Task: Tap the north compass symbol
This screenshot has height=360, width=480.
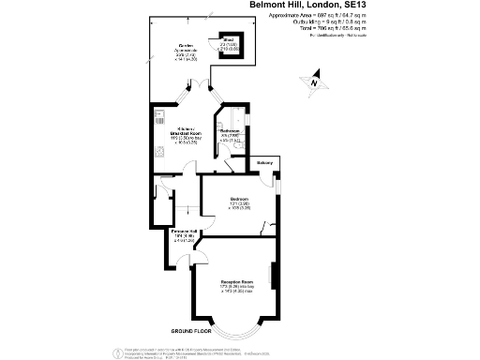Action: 316,82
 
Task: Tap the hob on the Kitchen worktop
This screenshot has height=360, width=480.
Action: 157,150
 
